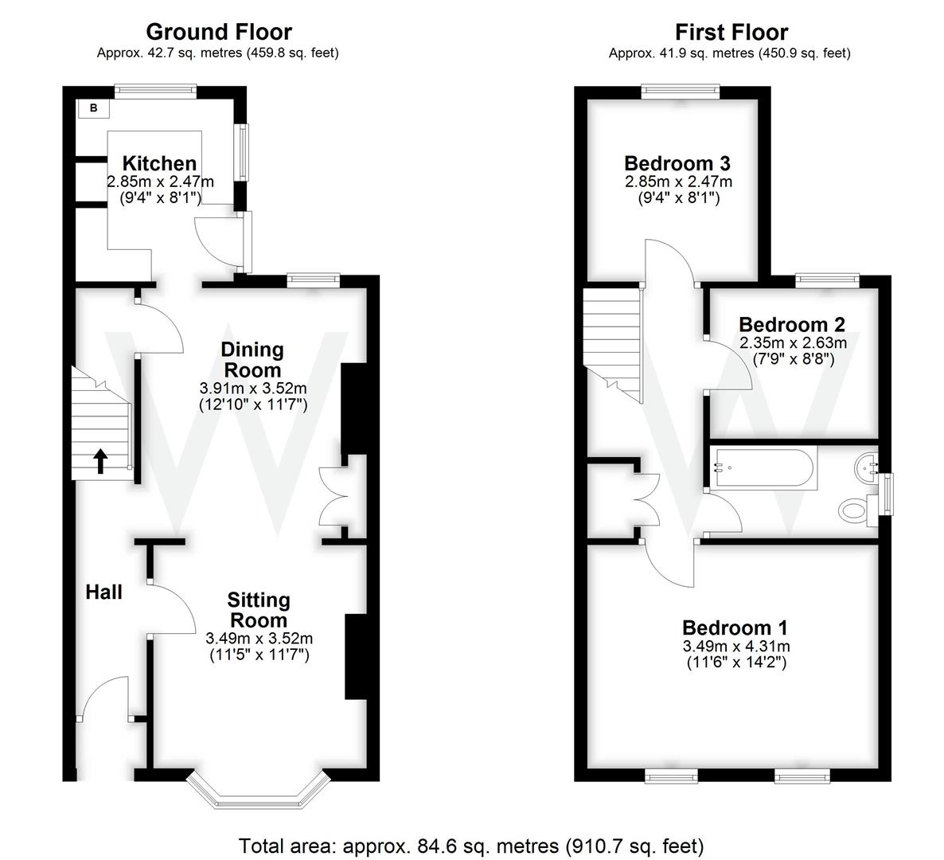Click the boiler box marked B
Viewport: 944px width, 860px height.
(x=93, y=108)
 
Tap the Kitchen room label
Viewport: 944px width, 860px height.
(x=159, y=163)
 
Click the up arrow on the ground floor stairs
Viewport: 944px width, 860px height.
(x=101, y=461)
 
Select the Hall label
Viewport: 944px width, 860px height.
(x=104, y=592)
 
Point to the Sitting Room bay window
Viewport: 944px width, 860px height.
(x=256, y=788)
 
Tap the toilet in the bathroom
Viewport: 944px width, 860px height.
(x=854, y=510)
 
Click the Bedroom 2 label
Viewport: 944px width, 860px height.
(x=792, y=324)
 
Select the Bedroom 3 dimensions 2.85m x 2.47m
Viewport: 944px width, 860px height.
(x=678, y=182)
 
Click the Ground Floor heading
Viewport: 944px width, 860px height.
(x=219, y=32)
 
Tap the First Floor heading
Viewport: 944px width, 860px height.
(x=731, y=32)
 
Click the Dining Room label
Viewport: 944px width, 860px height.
(x=252, y=360)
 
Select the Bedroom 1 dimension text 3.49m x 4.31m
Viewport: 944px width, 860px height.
(x=736, y=647)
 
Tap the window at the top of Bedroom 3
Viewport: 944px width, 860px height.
(x=681, y=92)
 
